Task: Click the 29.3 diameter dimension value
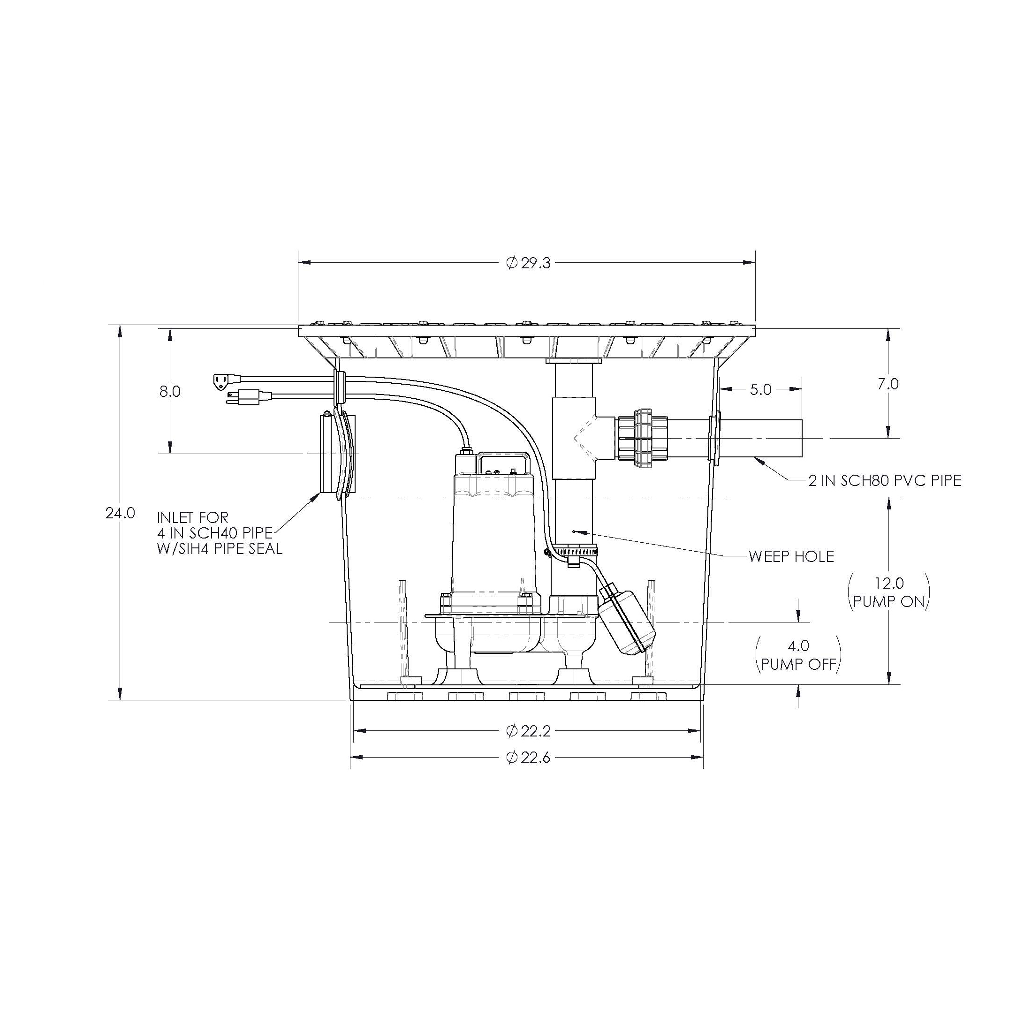pos(529,263)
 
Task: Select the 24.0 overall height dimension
pos(120,513)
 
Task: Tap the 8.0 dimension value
pos(170,392)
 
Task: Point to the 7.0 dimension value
pos(888,384)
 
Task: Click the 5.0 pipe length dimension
pos(761,390)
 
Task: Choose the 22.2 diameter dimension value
pos(529,731)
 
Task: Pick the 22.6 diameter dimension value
pos(529,758)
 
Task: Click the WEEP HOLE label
pos(791,557)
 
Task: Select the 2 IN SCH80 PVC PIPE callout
pos(885,481)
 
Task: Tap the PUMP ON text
pos(889,602)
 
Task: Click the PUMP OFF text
pos(798,665)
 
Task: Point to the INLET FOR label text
pos(193,517)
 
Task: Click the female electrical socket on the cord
pos(220,380)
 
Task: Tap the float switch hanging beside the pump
pos(626,620)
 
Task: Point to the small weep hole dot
pos(573,531)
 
